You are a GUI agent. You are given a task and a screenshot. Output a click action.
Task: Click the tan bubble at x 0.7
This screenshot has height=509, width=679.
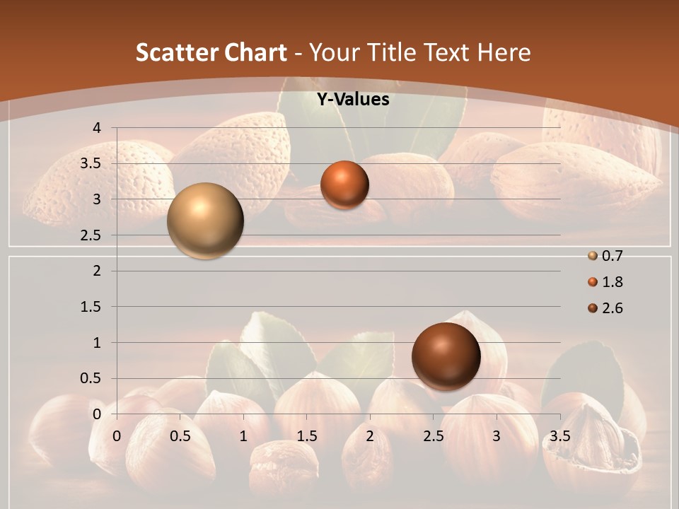coord(206,221)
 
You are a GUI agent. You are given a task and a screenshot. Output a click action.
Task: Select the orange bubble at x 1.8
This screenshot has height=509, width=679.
coord(344,185)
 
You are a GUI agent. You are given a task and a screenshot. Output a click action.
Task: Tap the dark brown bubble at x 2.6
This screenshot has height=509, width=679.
coord(446,356)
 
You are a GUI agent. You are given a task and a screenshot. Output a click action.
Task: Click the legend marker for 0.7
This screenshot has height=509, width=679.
coord(593,256)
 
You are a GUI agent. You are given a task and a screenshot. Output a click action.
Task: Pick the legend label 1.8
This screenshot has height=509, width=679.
coord(612,282)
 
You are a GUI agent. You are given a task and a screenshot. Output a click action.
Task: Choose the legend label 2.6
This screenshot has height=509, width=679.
coord(612,308)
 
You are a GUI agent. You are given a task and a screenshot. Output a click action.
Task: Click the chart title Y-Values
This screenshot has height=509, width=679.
coord(352,100)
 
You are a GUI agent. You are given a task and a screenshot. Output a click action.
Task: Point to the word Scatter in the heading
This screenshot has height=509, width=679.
coord(175,52)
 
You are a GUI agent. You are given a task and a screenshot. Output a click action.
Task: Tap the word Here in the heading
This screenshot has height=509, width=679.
coord(504,52)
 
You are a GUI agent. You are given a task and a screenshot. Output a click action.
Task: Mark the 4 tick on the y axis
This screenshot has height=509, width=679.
coord(98,128)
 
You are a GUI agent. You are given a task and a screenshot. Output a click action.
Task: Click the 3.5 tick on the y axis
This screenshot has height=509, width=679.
coord(92,164)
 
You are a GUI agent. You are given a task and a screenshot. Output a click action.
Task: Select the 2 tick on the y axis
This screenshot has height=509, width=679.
coord(98,271)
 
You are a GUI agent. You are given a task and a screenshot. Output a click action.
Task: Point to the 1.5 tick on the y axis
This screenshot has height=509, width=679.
coord(92,307)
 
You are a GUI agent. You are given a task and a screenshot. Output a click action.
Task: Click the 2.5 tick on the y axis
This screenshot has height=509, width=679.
coord(92,235)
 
